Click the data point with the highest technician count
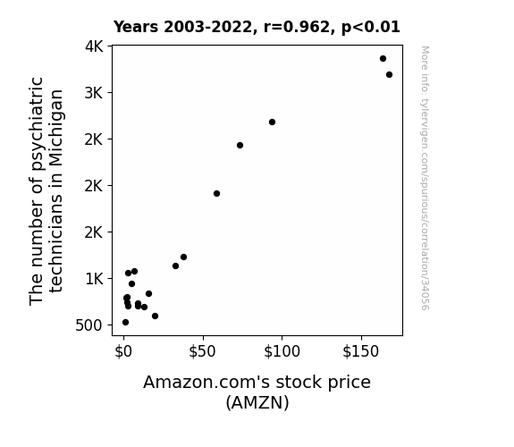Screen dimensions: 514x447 [383, 59]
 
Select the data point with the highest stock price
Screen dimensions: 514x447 [389, 75]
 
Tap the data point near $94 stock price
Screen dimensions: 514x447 [272, 122]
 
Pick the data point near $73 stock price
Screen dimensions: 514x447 [240, 146]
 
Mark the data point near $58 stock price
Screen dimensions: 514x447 [216, 193]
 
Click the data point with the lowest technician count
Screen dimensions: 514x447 [125, 323]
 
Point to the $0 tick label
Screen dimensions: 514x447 [123, 351]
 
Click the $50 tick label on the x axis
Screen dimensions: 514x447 [202, 351]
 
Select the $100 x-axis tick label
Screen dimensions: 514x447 [282, 351]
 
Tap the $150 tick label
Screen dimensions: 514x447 [360, 351]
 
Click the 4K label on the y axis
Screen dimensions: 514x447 [94, 46]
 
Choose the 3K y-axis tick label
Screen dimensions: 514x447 [94, 93]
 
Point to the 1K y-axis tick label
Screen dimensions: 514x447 [94, 279]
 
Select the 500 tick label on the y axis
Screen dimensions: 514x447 [88, 325]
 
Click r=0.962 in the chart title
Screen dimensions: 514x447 [297, 27]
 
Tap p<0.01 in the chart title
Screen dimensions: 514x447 [371, 28]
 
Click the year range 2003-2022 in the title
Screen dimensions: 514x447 [207, 27]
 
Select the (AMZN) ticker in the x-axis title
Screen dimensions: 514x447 [257, 402]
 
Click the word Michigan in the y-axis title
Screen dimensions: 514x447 [56, 128]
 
